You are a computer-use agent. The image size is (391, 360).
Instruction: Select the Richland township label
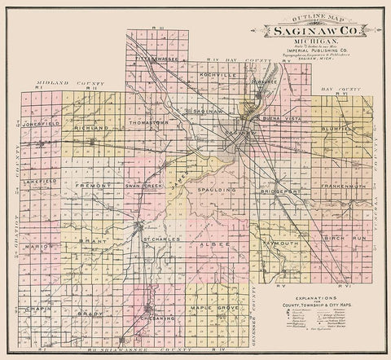pos(90,129)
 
